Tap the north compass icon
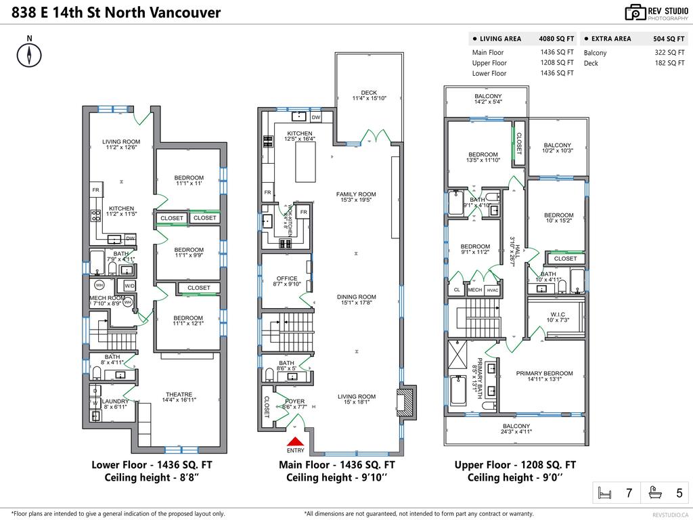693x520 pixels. point(29,55)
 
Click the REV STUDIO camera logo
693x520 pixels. point(635,12)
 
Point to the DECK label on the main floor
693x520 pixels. point(369,93)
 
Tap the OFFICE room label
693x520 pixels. point(286,278)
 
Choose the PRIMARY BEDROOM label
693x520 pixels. point(544,373)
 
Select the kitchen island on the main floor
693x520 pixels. point(310,162)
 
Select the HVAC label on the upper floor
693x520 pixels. point(493,290)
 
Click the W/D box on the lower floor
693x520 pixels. point(129,286)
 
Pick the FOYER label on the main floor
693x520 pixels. point(294,401)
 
